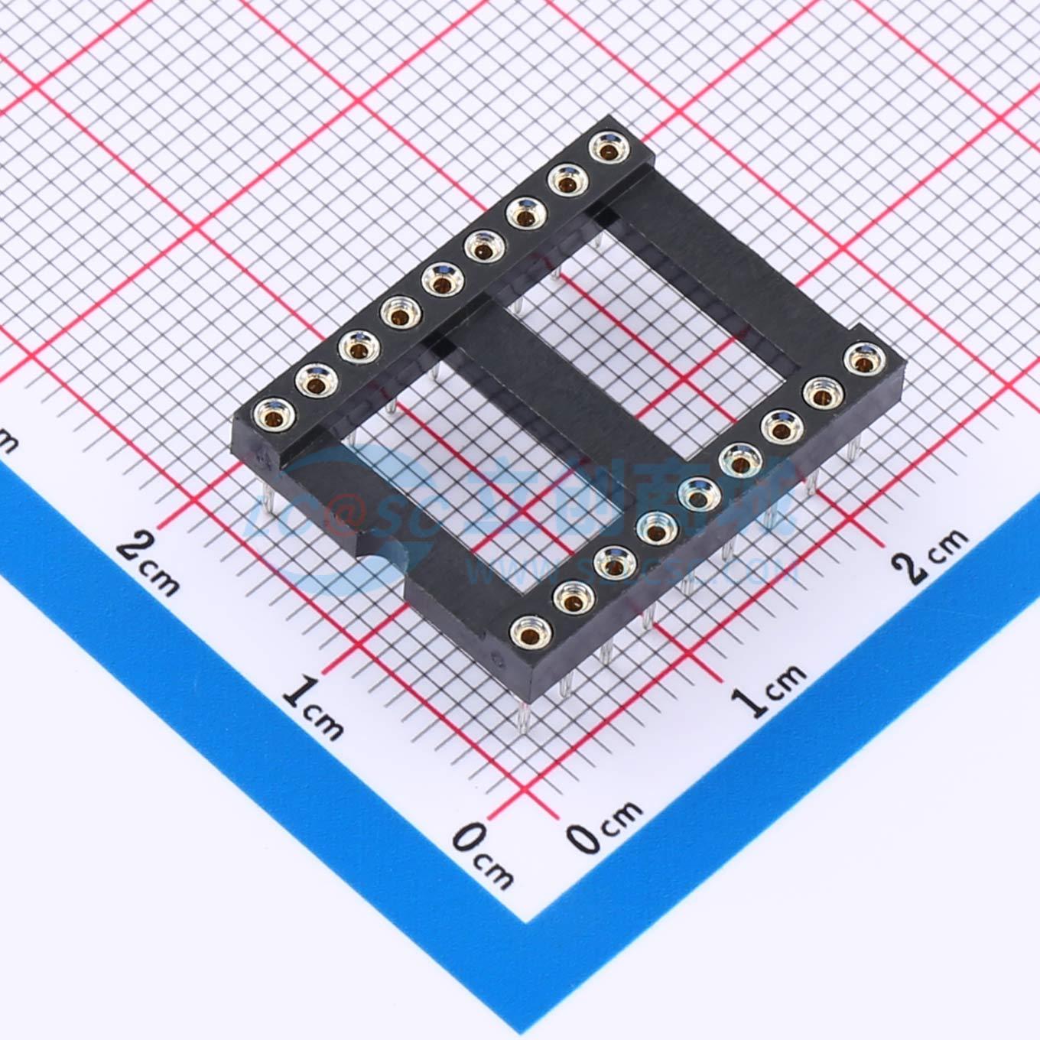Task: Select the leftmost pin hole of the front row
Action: (528, 631)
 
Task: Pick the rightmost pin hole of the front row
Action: (863, 358)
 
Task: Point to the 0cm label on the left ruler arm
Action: (482, 853)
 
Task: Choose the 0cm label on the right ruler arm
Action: (604, 826)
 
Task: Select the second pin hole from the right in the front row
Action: (821, 393)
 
